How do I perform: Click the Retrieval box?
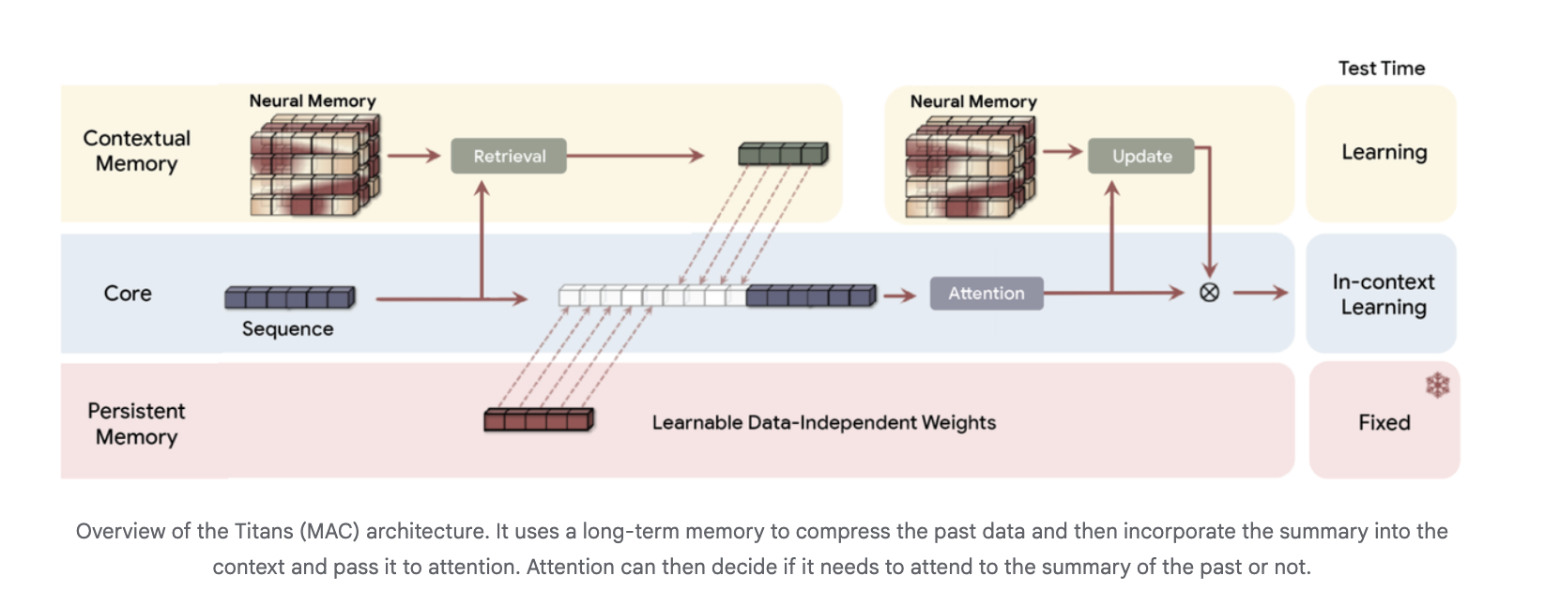pyautogui.click(x=509, y=156)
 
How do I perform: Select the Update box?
pyautogui.click(x=1140, y=156)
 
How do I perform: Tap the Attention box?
pyautogui.click(x=986, y=293)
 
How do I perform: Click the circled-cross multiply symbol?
pyautogui.click(x=1209, y=293)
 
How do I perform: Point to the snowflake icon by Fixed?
pyautogui.click(x=1437, y=385)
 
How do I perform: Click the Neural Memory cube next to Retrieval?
pyautogui.click(x=314, y=165)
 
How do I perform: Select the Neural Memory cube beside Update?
pyautogui.click(x=970, y=166)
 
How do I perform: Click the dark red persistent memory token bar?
pyautogui.click(x=539, y=419)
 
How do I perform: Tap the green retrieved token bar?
pyautogui.click(x=783, y=153)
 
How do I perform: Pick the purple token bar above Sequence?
pyautogui.click(x=290, y=297)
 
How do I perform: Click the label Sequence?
pyautogui.click(x=287, y=329)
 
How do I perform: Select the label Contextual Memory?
pyautogui.click(x=137, y=151)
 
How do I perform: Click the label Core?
pyautogui.click(x=128, y=294)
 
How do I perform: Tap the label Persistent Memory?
pyautogui.click(x=137, y=424)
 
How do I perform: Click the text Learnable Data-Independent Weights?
pyautogui.click(x=823, y=423)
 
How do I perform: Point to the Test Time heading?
pyautogui.click(x=1381, y=68)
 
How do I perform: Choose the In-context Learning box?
pyautogui.click(x=1382, y=294)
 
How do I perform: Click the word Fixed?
pyautogui.click(x=1384, y=423)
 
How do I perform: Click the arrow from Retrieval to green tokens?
pyautogui.click(x=635, y=156)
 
